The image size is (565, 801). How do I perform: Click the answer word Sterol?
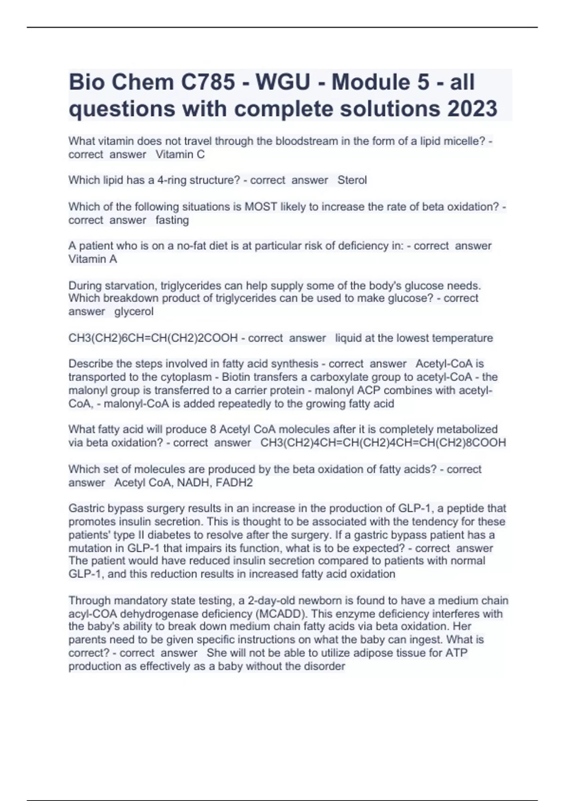click(x=352, y=180)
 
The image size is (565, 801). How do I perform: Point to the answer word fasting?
click(x=172, y=220)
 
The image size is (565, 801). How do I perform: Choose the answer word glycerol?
click(x=134, y=311)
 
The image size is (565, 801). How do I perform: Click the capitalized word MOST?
click(x=260, y=207)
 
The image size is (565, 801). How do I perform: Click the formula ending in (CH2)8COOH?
click(x=383, y=442)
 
